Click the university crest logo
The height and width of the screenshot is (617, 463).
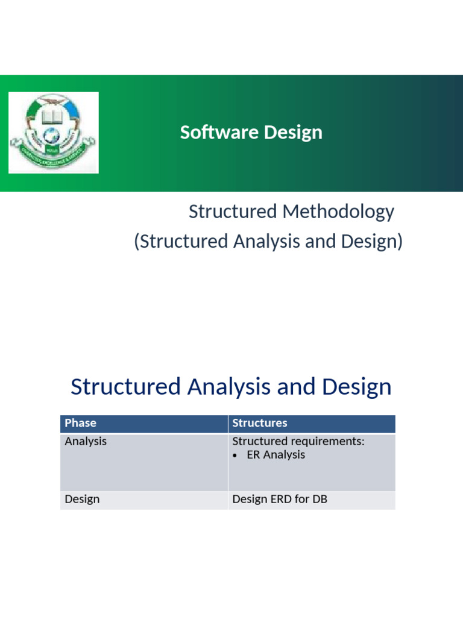pos(53,133)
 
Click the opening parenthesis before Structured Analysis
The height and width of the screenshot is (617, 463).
pos(136,242)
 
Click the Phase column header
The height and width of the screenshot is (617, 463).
pos(80,423)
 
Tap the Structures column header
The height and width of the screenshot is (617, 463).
pos(260,423)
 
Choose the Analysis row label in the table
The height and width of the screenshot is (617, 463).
pos(86,441)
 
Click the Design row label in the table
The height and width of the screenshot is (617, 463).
pos(82,500)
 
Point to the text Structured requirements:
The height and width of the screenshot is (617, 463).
pos(298,441)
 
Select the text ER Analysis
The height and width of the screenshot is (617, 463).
pos(276,455)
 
